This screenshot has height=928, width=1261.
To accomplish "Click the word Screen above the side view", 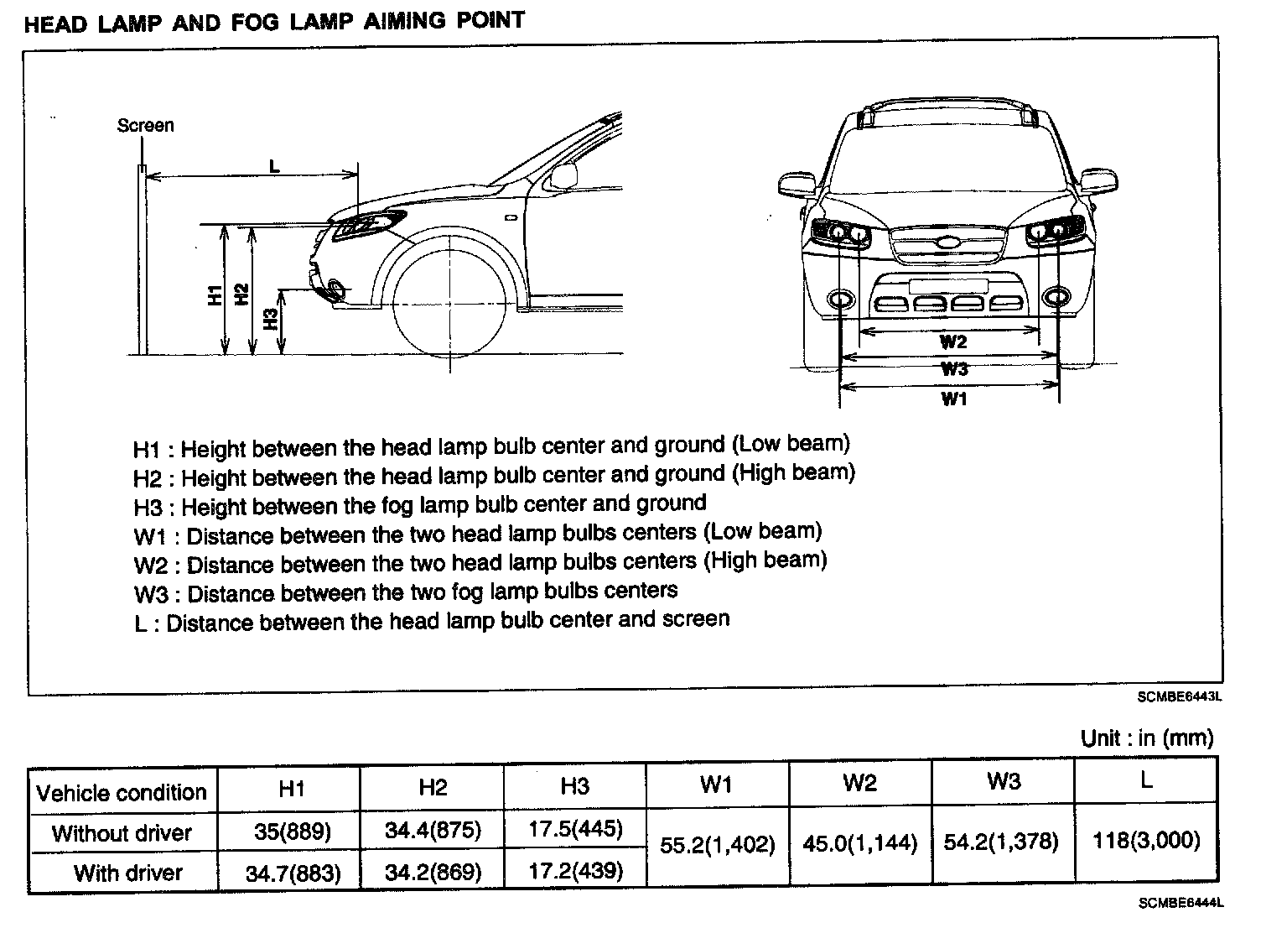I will [145, 126].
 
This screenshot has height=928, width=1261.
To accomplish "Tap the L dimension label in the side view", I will [274, 166].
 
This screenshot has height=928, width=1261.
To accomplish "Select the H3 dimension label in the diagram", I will [270, 320].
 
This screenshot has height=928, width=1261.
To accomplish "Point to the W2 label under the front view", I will [953, 341].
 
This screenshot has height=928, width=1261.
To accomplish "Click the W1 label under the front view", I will [954, 399].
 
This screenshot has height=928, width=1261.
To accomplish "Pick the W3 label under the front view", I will [954, 369].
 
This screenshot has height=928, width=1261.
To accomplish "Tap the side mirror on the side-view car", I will [563, 175].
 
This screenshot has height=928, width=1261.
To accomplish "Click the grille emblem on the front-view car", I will [947, 245].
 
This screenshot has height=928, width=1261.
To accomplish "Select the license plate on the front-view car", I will [947, 285].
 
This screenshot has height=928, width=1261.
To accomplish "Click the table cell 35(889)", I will [292, 832].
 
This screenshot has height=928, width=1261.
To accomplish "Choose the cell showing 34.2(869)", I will [433, 872].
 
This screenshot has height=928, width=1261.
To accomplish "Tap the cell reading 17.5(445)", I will [575, 830].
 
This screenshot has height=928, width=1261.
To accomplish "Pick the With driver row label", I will [127, 873].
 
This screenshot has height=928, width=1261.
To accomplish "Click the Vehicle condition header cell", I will [122, 792].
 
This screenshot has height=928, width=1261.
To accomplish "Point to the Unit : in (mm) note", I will [1146, 738].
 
